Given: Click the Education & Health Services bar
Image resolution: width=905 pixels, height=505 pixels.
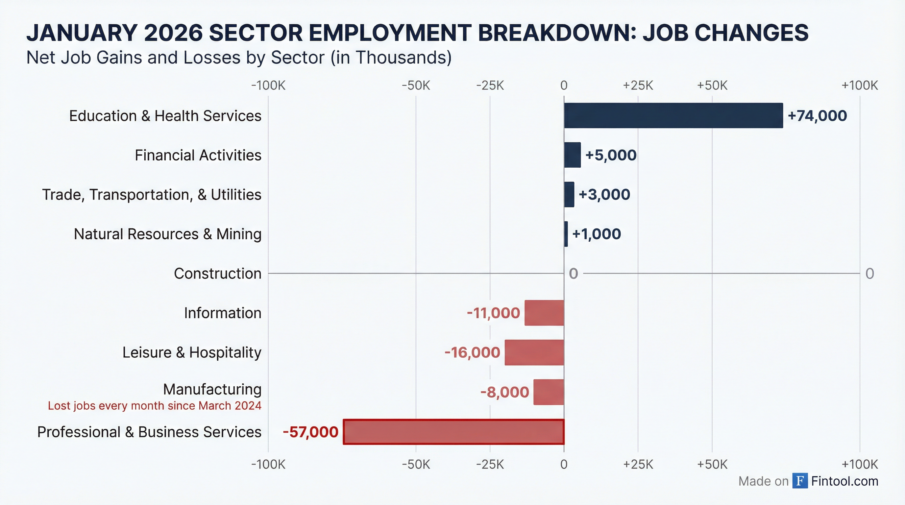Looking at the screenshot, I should [x=673, y=115].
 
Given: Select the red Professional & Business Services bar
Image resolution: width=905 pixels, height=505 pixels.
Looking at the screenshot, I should [x=453, y=432].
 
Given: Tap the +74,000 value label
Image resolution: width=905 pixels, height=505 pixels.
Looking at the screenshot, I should [x=817, y=116].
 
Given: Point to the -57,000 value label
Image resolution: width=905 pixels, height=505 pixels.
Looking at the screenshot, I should [x=310, y=432].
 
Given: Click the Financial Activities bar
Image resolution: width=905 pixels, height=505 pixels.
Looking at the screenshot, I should [x=572, y=155].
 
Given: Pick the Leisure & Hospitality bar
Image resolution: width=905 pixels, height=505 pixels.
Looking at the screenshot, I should [x=534, y=352].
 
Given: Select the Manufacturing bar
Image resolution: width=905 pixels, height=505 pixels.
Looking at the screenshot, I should [x=549, y=392].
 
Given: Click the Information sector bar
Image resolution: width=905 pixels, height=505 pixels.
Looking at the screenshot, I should [x=544, y=313].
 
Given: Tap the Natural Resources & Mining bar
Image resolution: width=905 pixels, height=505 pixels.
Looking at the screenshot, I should [x=566, y=234].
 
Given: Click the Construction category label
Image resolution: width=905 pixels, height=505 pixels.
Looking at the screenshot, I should [x=217, y=274].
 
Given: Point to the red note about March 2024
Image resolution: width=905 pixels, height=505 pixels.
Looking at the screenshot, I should [x=155, y=406].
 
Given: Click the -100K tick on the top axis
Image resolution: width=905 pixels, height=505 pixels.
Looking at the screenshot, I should [x=268, y=85].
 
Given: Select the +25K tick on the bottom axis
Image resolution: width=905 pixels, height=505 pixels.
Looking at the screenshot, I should [x=638, y=464].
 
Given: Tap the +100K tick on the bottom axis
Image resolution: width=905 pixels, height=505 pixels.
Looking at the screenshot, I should [x=859, y=464].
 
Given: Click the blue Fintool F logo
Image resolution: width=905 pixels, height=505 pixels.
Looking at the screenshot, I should [x=800, y=481].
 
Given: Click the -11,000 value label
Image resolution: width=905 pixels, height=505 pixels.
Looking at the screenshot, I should [x=493, y=313].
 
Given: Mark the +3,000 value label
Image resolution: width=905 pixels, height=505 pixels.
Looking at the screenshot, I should [x=604, y=195].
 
